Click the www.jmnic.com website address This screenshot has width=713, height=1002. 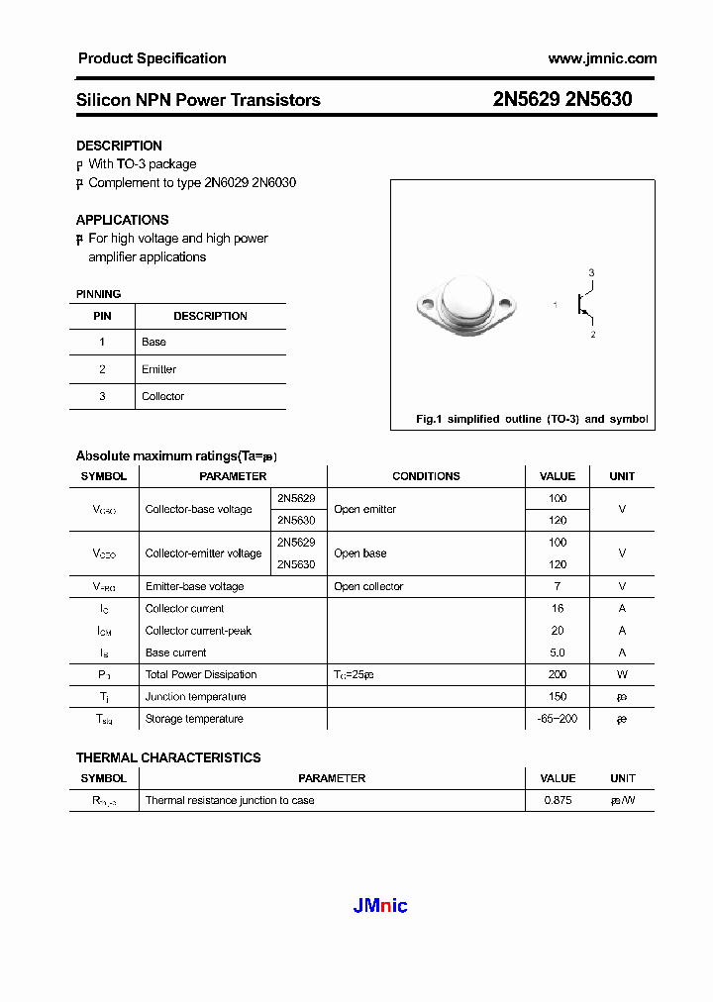point(602,59)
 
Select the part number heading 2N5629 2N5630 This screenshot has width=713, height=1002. point(562,100)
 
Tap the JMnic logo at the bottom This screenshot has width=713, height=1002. point(380,906)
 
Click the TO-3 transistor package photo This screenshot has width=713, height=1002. point(466,306)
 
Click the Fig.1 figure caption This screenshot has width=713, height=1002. point(532,420)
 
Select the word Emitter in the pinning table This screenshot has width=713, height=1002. point(158,369)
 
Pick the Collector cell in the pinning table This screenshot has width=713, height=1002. point(162,396)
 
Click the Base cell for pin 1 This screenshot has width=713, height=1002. point(153,342)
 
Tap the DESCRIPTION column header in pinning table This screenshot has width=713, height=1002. point(210,316)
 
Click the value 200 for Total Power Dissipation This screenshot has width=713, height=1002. point(558,674)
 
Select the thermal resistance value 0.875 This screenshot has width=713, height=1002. point(558,800)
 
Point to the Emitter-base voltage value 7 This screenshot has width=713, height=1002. point(558,586)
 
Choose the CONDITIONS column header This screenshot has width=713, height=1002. point(426,476)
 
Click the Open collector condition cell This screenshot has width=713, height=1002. point(368,586)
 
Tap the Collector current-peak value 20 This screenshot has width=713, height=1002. point(558,631)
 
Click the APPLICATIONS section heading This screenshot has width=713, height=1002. point(123,220)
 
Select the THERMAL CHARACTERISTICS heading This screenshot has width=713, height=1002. point(168,757)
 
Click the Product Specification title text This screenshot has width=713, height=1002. point(152,58)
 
